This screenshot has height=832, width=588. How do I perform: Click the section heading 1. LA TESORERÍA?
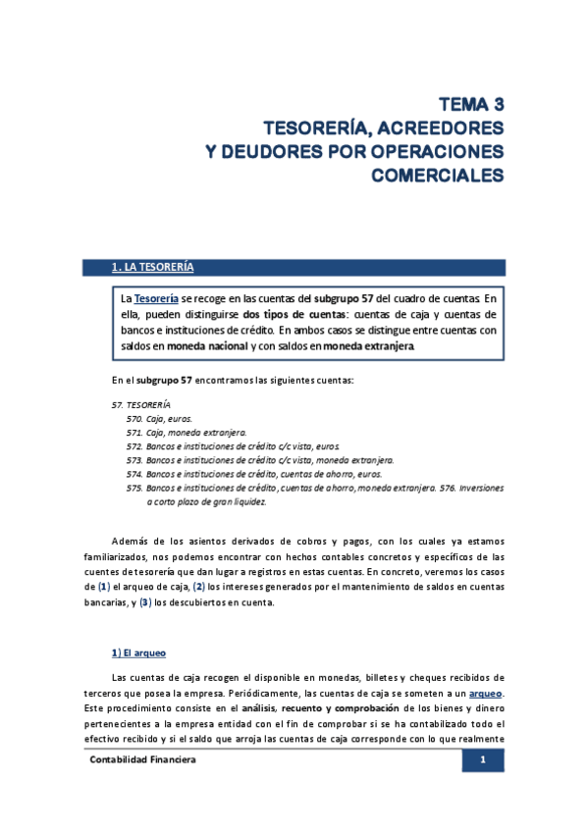[x=153, y=267]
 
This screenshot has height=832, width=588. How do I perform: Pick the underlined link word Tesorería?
[x=156, y=297]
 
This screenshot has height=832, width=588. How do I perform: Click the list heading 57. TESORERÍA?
[x=141, y=404]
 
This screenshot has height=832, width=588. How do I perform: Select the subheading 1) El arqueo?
[x=144, y=651]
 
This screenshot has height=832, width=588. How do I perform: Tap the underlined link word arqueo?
[x=486, y=693]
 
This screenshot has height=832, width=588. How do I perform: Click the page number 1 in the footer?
[x=483, y=760]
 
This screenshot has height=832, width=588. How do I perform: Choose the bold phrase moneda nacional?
[x=207, y=345]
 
